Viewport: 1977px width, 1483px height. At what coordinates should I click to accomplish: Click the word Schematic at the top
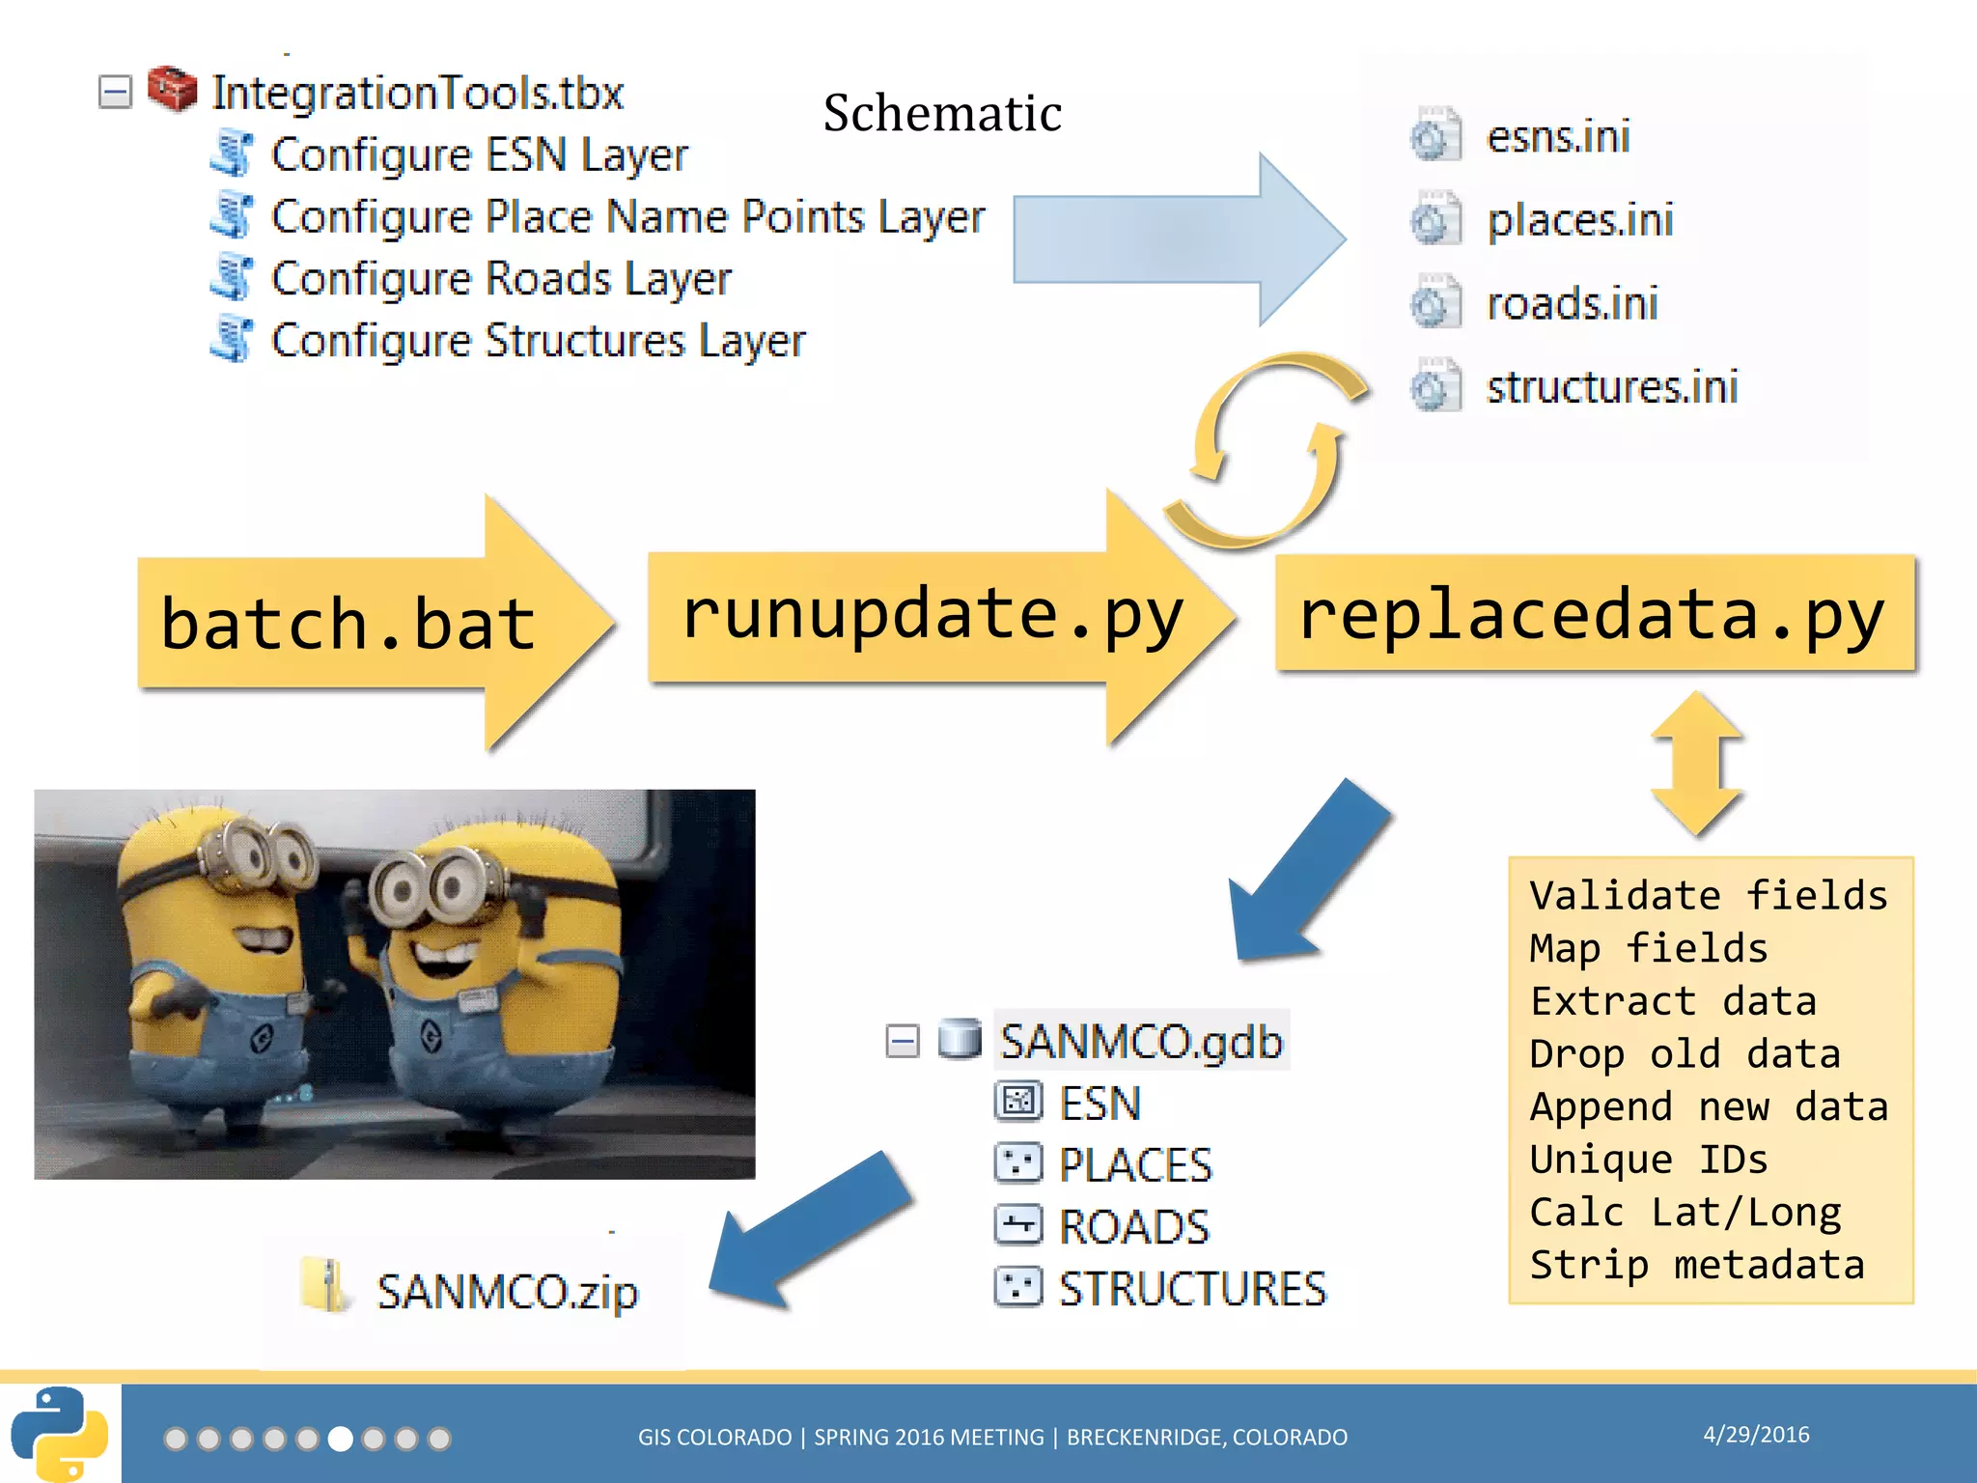[942, 113]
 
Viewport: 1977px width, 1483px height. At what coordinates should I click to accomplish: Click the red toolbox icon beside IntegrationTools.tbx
[173, 90]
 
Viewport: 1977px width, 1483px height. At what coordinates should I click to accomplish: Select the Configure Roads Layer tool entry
[500, 279]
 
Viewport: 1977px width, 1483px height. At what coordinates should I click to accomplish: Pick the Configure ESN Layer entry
[479, 154]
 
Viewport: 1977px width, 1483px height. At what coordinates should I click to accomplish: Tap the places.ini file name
[1579, 220]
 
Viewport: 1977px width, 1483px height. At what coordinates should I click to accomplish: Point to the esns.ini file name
[1558, 136]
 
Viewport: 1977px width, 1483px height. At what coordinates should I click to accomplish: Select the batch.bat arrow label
[348, 623]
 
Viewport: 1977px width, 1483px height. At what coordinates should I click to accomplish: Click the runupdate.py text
[932, 615]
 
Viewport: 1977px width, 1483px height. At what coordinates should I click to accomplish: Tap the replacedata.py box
[1593, 614]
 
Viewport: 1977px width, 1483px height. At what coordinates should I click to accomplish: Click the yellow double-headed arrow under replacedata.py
[1696, 763]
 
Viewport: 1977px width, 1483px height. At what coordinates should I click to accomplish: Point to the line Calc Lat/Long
[1685, 1212]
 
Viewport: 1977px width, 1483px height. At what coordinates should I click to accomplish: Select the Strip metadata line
[1697, 1265]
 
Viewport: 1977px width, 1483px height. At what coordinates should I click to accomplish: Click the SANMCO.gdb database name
[1141, 1041]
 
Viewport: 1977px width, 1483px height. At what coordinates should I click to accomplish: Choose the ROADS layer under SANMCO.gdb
[1133, 1227]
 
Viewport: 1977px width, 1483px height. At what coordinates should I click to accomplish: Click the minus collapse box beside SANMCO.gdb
[903, 1041]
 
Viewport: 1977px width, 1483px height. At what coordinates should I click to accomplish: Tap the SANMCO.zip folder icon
[323, 1286]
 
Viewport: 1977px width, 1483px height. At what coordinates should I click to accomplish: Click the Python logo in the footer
[60, 1434]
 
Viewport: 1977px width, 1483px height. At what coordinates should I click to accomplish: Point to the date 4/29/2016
[1756, 1435]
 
